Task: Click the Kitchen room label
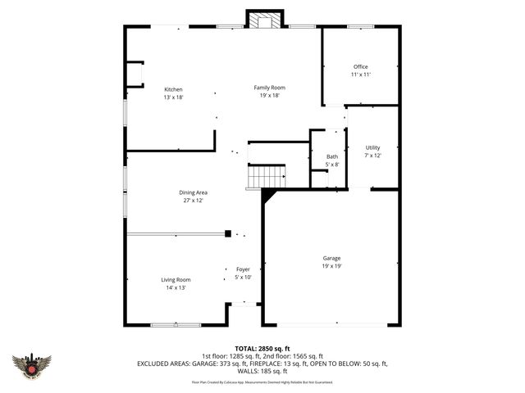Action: click(173, 89)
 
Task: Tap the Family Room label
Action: click(269, 88)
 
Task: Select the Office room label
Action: click(361, 67)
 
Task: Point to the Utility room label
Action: click(373, 147)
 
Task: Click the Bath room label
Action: click(332, 156)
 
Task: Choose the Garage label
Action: click(331, 258)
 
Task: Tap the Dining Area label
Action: click(194, 192)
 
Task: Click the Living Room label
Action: click(176, 279)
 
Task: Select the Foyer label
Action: click(243, 269)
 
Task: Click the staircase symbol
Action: click(267, 176)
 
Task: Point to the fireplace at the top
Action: click(263, 21)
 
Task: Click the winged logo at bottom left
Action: click(32, 365)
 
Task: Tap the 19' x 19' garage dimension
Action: click(331, 266)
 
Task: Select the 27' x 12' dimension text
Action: click(194, 201)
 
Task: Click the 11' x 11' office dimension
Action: click(361, 75)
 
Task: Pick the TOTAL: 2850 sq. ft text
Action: click(262, 348)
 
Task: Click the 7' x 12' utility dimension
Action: click(373, 156)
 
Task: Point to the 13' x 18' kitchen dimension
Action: click(173, 97)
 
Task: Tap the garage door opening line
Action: click(331, 325)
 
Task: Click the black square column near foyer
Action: click(228, 234)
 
